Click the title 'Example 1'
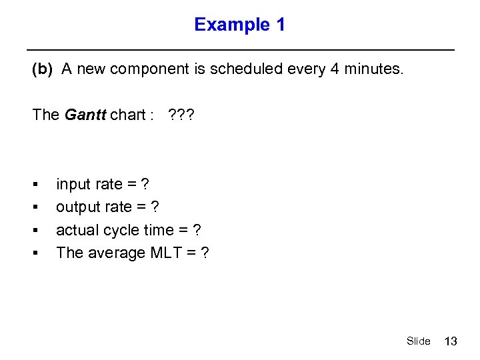239,25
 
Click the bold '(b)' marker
43,70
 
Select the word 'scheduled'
241,70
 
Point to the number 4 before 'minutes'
334,70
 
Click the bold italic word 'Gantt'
85,115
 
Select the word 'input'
73,184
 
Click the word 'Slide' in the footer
418,341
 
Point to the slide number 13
451,341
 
